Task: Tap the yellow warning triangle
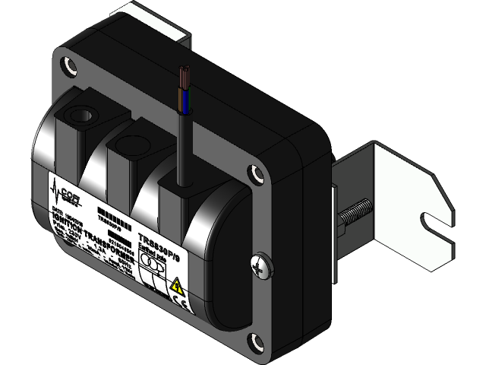click(x=176, y=287)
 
